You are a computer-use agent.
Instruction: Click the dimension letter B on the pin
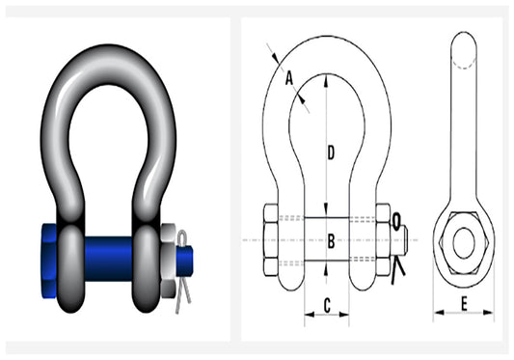pos(330,241)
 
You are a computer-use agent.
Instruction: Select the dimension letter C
pos(328,305)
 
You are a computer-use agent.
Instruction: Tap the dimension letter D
pos(331,152)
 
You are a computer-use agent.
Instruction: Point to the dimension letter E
pos(463,305)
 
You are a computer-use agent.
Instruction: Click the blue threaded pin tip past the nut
pos(187,257)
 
